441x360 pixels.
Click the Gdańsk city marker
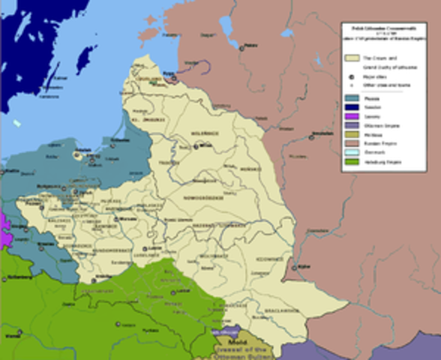pos(76,157)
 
